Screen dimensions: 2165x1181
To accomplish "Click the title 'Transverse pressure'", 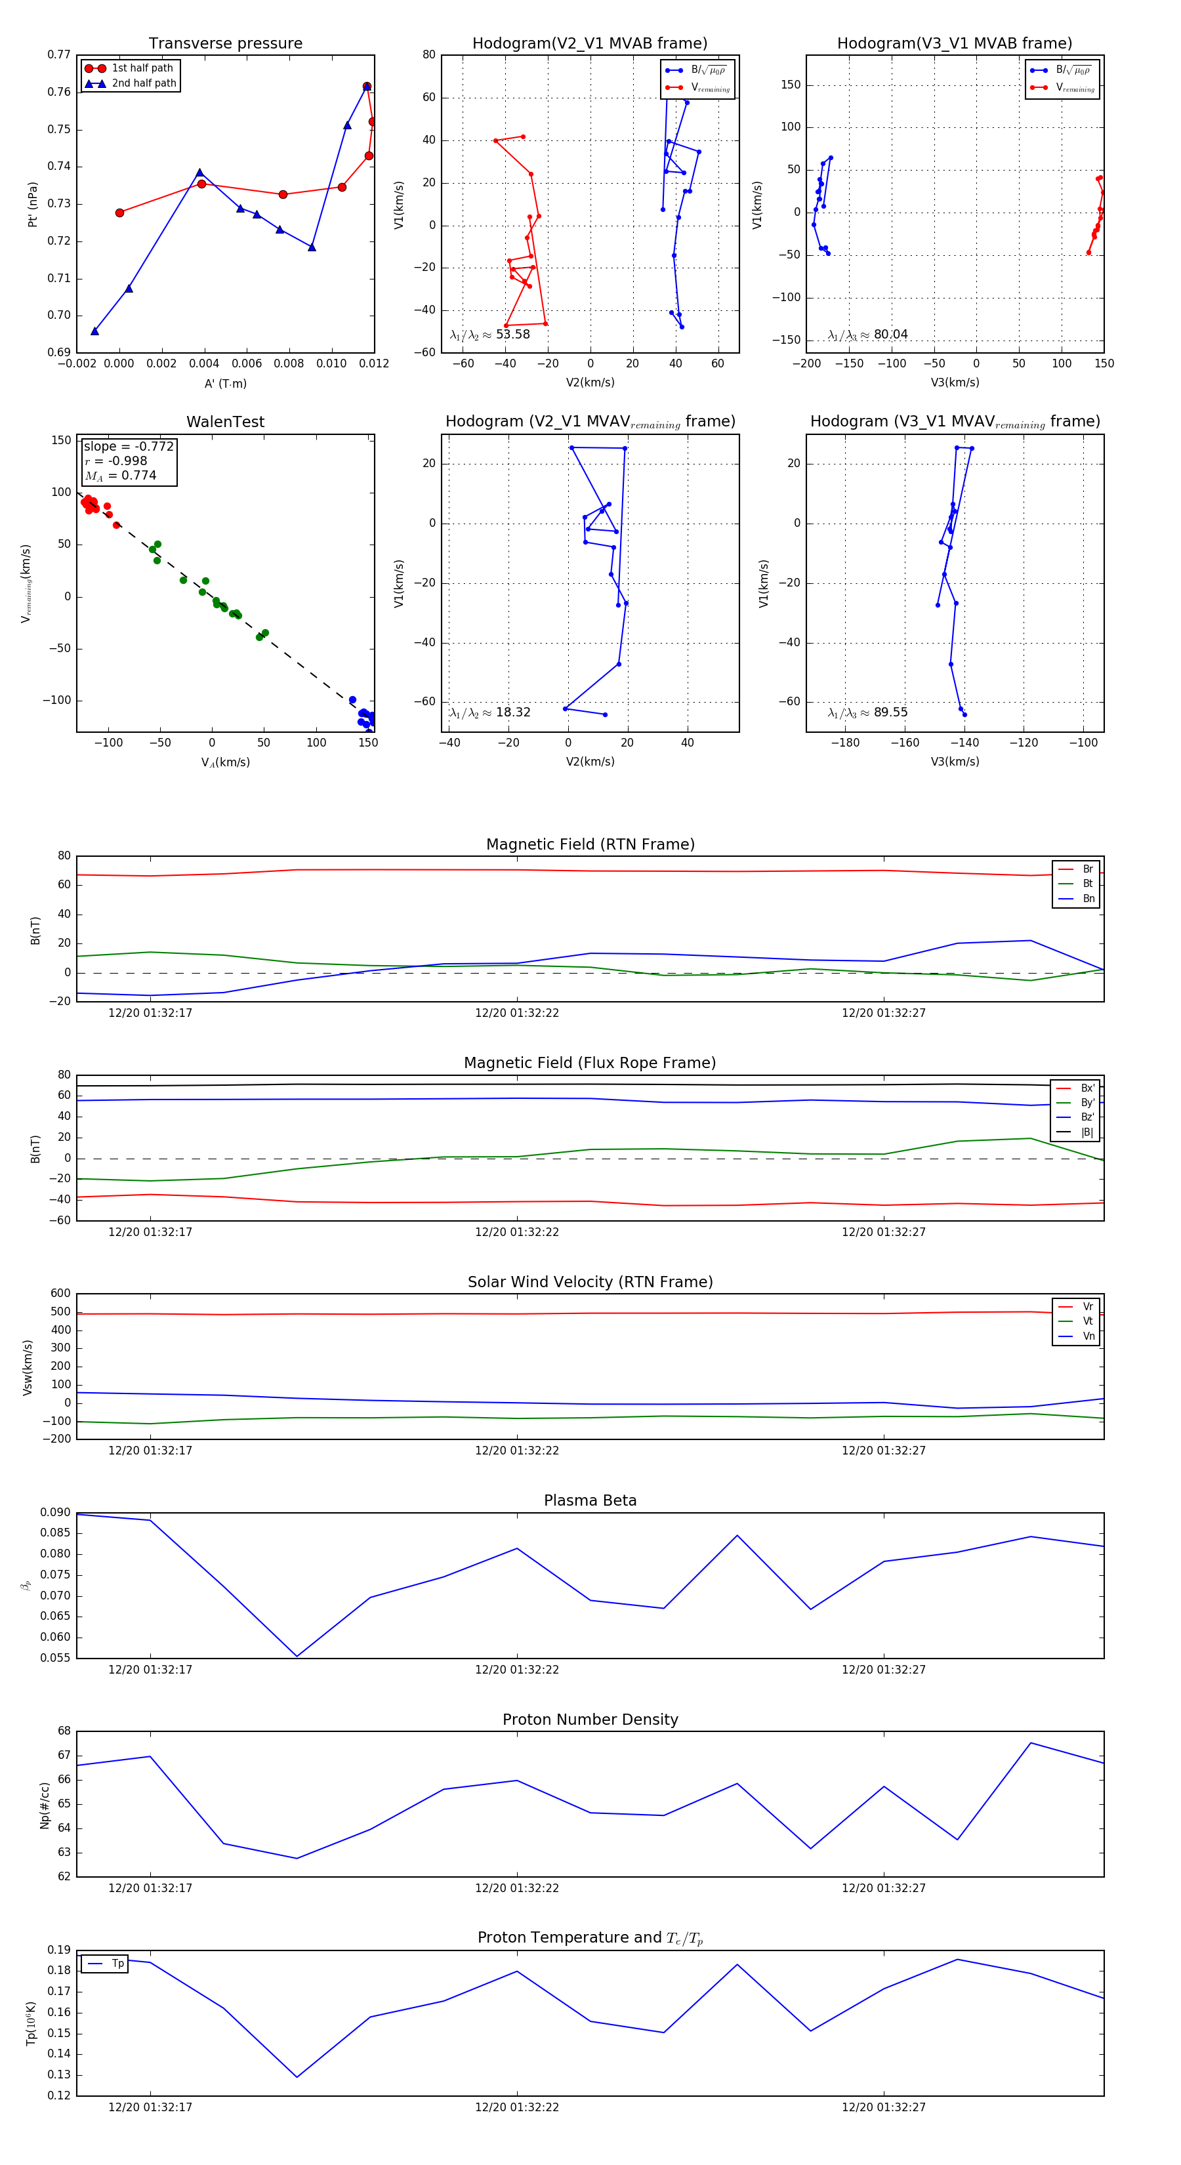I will [225, 44].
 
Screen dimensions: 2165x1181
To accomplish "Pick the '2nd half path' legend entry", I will [144, 83].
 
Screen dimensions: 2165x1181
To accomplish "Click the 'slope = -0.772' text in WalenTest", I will [129, 446].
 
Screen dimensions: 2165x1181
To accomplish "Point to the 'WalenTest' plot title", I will [225, 422].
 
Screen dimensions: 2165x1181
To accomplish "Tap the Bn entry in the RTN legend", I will [1088, 898].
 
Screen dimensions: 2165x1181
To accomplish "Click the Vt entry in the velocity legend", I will [1088, 1321].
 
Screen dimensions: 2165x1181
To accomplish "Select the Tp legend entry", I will [117, 1964].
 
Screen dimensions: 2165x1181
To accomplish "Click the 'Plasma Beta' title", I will [590, 1500].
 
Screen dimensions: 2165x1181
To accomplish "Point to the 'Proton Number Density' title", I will [590, 1720].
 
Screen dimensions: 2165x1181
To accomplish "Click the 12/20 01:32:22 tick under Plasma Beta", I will [517, 1669].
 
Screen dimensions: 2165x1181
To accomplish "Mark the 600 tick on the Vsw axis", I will [60, 1294].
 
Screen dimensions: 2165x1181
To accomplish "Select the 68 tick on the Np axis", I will [64, 1731].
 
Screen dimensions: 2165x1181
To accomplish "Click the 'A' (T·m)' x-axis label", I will [225, 383].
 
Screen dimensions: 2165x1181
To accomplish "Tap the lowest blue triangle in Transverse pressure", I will [95, 331].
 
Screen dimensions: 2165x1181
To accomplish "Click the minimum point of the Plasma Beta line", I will [297, 1656].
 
